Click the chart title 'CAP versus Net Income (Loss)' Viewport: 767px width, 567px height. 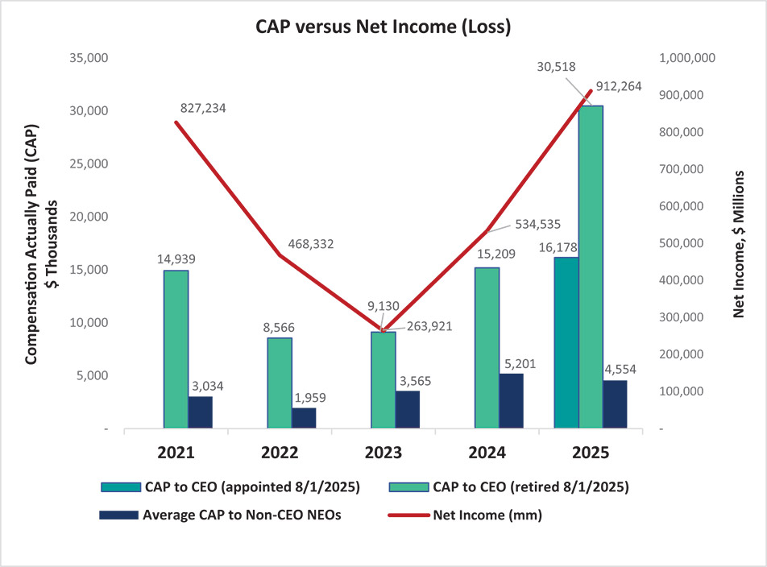(383, 26)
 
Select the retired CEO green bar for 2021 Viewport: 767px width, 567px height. (176, 348)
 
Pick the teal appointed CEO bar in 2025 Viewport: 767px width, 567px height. (566, 342)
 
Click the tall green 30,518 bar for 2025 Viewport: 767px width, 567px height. (591, 266)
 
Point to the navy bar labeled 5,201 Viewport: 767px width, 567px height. (511, 400)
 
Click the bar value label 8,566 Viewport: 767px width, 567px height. (280, 329)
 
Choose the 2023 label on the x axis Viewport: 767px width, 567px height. (383, 453)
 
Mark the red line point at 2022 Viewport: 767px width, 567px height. (280, 255)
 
